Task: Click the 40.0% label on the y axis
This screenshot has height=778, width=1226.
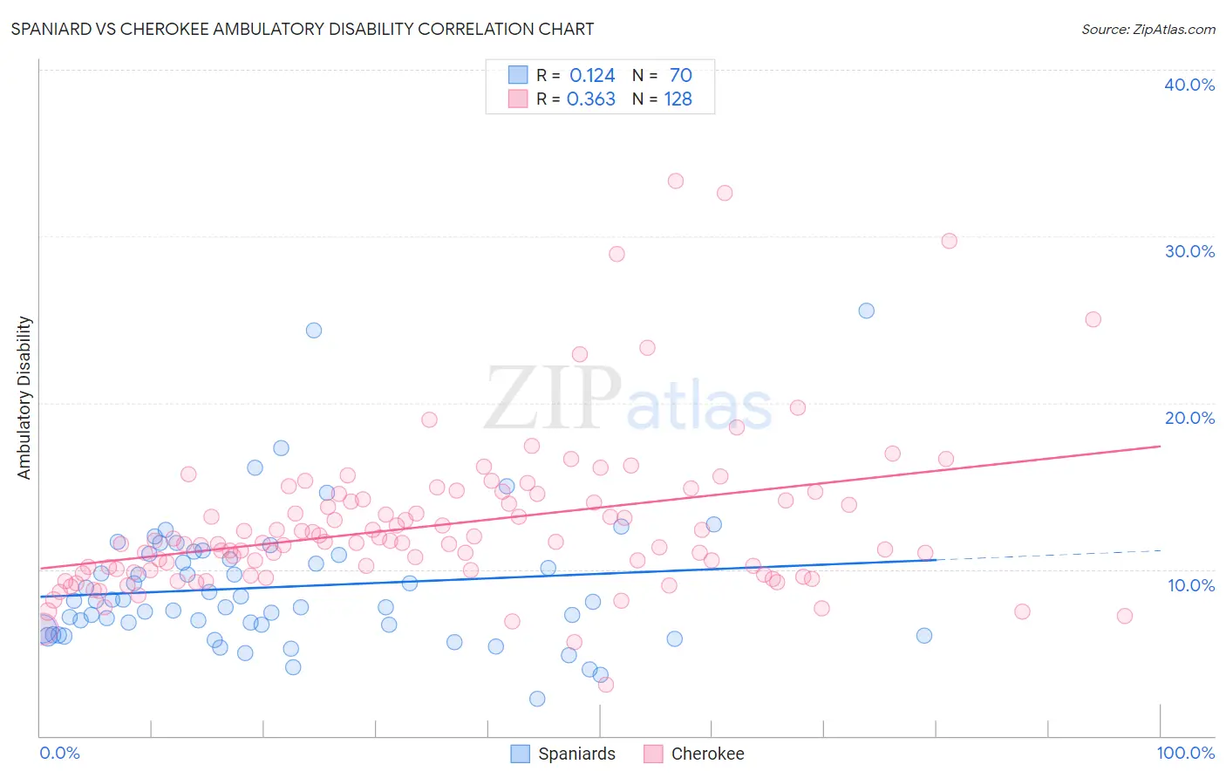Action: pos(1189,85)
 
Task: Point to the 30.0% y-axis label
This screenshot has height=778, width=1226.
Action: pos(1189,251)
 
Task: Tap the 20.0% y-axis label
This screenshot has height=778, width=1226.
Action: pos(1189,418)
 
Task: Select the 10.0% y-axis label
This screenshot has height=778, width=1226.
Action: pos(1191,585)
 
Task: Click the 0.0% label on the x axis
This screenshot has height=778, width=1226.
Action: pos(59,753)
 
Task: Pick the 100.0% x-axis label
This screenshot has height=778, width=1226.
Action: pos(1185,753)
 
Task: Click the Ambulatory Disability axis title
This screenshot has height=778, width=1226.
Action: pos(24,398)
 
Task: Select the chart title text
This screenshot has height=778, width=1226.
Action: pos(303,29)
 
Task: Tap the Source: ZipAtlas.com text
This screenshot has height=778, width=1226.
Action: pos(1148,29)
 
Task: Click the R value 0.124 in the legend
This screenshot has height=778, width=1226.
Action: pos(592,76)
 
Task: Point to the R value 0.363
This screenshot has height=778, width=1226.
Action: pos(591,99)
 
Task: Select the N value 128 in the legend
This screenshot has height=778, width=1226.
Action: pos(678,99)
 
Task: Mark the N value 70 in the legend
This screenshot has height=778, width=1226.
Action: pos(680,76)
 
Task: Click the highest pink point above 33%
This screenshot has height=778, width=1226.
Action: pos(676,181)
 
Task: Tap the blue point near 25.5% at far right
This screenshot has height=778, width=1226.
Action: pos(866,311)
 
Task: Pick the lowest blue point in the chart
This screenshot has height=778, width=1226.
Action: pos(537,699)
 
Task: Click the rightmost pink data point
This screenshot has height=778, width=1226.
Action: pos(1125,616)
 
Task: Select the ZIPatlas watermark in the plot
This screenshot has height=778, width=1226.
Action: pos(628,399)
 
